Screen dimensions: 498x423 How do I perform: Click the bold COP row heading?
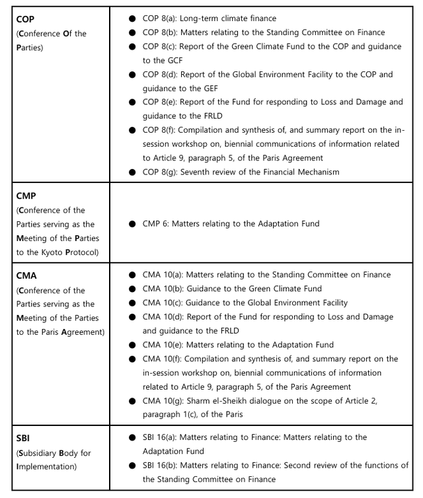click(26, 19)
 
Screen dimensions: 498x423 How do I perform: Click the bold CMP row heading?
click(26, 196)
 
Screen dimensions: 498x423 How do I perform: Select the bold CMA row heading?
click(26, 276)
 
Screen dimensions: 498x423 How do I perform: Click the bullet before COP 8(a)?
click(133, 18)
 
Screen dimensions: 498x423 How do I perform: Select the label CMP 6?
click(157, 224)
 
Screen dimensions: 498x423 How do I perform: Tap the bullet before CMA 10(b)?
click(133, 289)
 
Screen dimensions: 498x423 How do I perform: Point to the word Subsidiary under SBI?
click(38, 452)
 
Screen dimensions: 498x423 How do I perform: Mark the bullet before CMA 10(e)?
click(133, 345)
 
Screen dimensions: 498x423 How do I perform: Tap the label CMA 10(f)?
click(163, 359)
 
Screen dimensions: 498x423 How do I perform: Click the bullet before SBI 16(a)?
click(133, 437)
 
